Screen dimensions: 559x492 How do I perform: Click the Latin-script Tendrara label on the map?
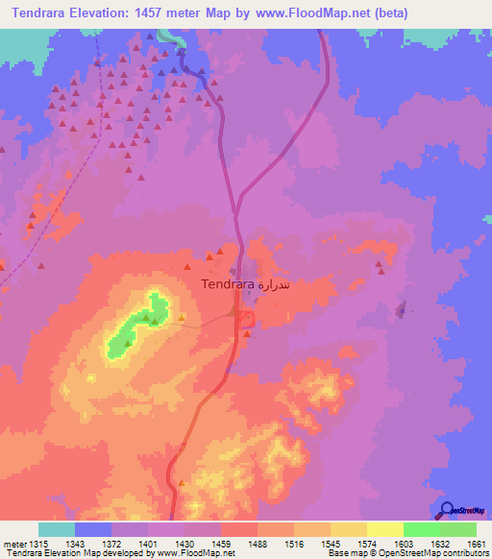[228, 285]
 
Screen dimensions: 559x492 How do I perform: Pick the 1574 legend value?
[365, 543]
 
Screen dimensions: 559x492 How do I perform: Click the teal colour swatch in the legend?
[57, 529]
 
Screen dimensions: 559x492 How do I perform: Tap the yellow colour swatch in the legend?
[385, 529]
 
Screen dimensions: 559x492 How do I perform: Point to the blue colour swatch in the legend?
[93, 529]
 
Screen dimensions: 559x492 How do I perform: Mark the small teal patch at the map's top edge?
[174, 36]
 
